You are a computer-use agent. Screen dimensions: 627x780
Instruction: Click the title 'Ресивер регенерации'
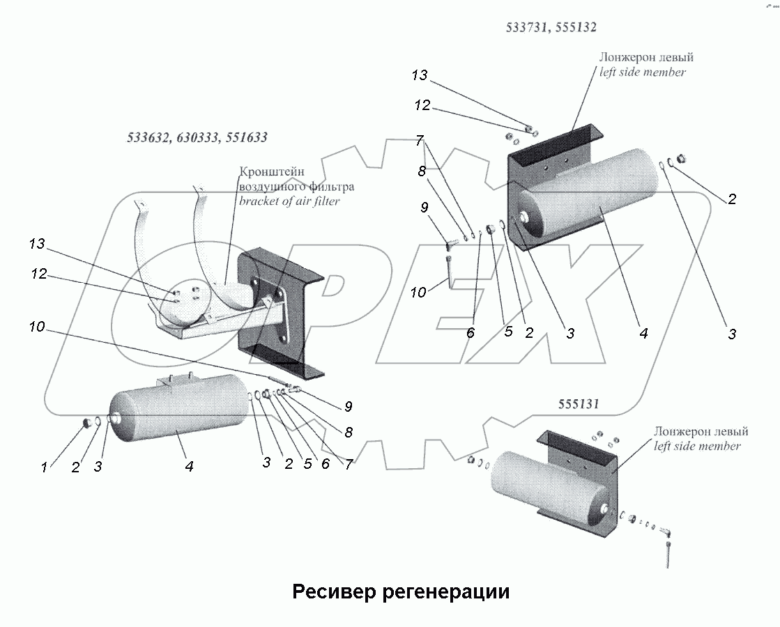[401, 592]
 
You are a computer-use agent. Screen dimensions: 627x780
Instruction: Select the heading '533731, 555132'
[551, 28]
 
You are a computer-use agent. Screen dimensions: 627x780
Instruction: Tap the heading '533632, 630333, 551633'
[197, 138]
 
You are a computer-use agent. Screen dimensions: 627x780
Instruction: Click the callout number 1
[44, 467]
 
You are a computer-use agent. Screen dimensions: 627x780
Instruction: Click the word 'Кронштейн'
[271, 171]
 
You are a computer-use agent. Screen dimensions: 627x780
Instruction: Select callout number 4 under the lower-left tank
[189, 467]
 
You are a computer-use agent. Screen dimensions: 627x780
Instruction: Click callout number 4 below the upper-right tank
[643, 334]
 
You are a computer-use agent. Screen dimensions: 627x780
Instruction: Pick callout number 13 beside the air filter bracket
[37, 244]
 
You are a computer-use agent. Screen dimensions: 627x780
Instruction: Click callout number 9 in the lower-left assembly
[348, 407]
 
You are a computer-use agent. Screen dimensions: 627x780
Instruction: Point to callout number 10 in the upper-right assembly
[418, 293]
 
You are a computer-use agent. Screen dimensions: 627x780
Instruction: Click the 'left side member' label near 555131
[697, 446]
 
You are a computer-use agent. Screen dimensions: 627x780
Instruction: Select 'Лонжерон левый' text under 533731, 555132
[646, 58]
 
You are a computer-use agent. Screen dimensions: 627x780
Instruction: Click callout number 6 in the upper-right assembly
[471, 334]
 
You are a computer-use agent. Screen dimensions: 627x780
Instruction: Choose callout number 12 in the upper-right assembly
[422, 106]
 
